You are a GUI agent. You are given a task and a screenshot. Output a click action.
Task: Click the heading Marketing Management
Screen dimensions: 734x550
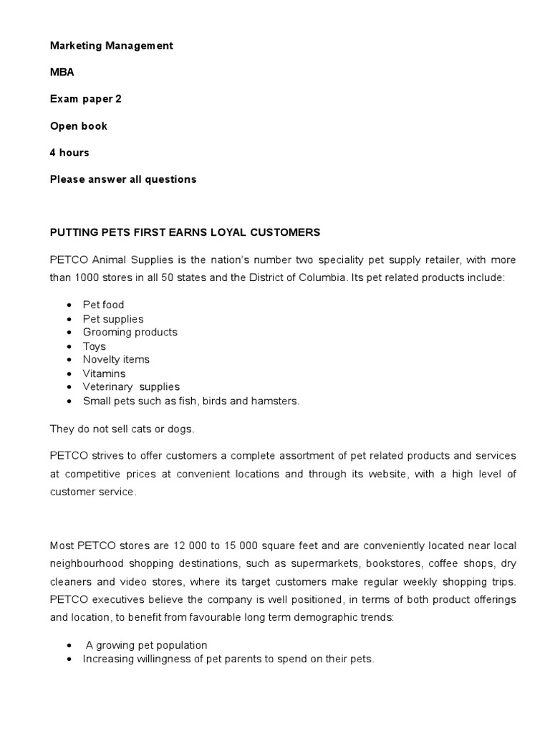(x=111, y=45)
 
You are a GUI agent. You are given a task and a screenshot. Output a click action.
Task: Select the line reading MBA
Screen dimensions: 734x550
(x=62, y=72)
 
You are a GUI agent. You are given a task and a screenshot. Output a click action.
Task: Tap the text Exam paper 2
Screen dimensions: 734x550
(x=85, y=99)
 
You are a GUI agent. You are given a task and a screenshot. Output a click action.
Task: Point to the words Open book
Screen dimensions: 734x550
(x=78, y=126)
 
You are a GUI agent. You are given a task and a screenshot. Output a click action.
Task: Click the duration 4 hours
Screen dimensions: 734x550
(x=69, y=153)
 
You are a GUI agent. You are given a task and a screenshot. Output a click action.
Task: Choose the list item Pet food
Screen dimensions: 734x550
(x=103, y=305)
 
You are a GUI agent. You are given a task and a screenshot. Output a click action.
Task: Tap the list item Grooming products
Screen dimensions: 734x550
(x=130, y=332)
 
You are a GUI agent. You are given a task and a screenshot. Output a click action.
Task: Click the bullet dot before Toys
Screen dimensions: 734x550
(x=68, y=346)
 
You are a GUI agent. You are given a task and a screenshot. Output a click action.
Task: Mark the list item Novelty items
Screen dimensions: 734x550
(x=116, y=359)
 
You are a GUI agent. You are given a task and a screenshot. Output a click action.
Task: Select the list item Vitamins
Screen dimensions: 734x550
(x=104, y=373)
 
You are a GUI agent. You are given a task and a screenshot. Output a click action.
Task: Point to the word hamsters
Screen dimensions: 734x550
(x=276, y=401)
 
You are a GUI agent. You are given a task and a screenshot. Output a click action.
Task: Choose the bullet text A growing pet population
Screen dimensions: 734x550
(x=146, y=644)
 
